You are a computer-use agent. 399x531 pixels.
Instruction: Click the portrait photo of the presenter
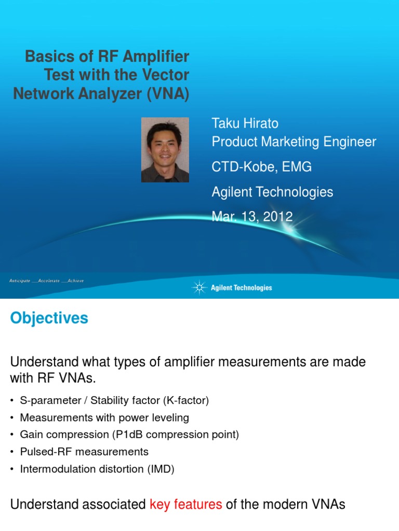point(165,150)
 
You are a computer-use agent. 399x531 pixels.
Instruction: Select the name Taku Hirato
point(245,123)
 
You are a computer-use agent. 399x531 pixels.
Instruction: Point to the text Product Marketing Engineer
point(294,142)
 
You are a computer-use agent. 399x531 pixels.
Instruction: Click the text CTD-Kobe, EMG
point(262,167)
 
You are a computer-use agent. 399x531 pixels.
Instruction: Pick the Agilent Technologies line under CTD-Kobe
point(272,192)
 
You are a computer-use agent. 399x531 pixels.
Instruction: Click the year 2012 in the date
point(276,217)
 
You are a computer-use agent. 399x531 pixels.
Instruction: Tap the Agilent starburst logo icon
point(199,287)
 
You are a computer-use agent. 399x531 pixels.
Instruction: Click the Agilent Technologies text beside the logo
point(241,288)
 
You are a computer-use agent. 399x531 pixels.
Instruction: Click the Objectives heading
point(49,318)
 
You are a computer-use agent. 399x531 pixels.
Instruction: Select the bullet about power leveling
point(104,417)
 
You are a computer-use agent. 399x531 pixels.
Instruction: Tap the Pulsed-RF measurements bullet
point(84,452)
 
